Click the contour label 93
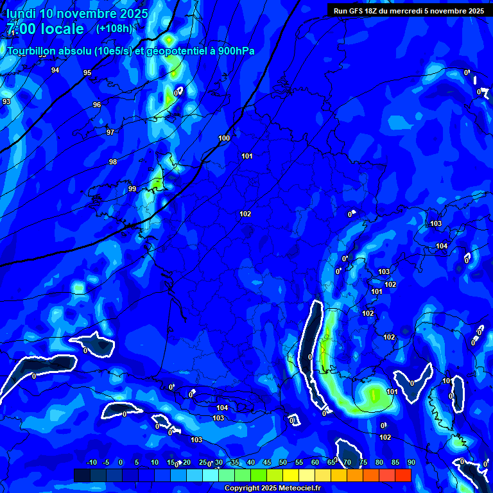[x=6, y=101]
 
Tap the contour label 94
[x=55, y=70]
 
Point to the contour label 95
[x=87, y=73]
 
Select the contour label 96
[x=97, y=105]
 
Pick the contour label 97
[x=110, y=132]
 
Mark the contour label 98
[x=113, y=162]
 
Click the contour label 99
[x=132, y=189]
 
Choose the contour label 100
[x=224, y=138]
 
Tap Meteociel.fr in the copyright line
[x=297, y=489]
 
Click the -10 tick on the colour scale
[x=91, y=462]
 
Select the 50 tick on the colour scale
[x=283, y=462]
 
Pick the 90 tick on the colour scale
[x=411, y=462]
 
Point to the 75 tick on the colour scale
[x=363, y=462]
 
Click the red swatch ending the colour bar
[x=403, y=475]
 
